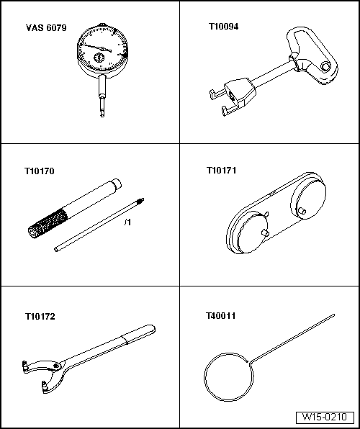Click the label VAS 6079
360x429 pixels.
coord(46,28)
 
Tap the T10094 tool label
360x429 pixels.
coord(224,27)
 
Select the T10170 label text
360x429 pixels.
coord(40,171)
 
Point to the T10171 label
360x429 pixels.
coord(221,171)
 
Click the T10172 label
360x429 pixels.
coord(40,317)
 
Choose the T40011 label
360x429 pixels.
coord(220,316)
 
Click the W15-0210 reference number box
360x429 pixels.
coord(325,417)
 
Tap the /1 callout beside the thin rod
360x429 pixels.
coord(127,222)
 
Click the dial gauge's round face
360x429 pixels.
coord(103,49)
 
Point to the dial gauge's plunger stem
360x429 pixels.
coord(102,96)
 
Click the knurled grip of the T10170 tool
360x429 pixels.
coord(48,223)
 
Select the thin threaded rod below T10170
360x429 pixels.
coord(99,225)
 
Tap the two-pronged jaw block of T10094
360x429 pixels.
coord(233,96)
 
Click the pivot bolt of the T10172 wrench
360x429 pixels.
coord(56,366)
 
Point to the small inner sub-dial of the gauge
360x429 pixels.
coord(99,58)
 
